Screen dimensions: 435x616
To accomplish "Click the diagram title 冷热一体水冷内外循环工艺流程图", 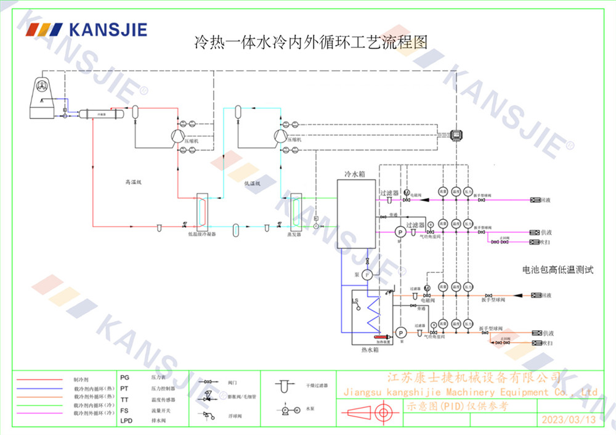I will pyautogui.click(x=310, y=43).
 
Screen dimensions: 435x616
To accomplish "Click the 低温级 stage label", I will pyautogui.click(x=252, y=183).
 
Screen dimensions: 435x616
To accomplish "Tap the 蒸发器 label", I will pyautogui.click(x=294, y=235).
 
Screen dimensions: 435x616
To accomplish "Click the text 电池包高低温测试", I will pyautogui.click(x=557, y=270).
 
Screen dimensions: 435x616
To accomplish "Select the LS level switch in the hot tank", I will pyautogui.click(x=355, y=301).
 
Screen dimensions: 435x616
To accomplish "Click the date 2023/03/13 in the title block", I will pyautogui.click(x=569, y=420).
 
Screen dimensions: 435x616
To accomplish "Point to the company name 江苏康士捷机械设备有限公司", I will pyautogui.click(x=472, y=377).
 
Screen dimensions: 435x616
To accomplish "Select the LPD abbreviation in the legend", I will pyautogui.click(x=126, y=420).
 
